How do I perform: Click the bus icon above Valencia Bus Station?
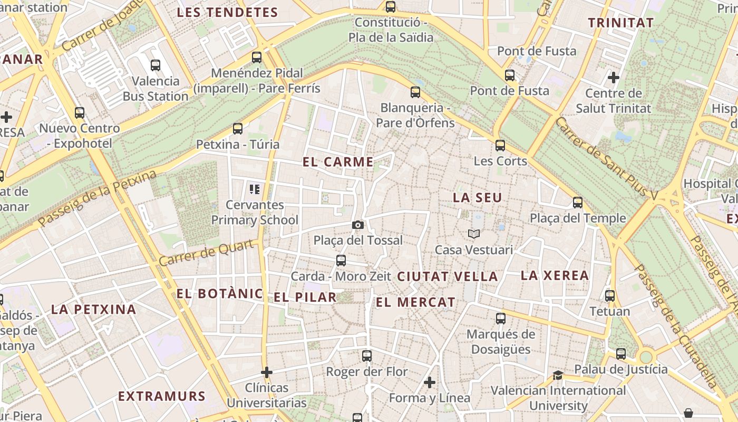click(156, 65)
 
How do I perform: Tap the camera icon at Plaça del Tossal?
click(358, 225)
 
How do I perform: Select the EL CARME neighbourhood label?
click(338, 162)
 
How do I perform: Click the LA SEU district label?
click(478, 198)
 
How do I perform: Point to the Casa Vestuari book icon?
click(474, 234)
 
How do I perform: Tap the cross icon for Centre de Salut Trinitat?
click(613, 78)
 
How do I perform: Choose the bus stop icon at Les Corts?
click(500, 145)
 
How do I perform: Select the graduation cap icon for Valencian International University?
click(558, 375)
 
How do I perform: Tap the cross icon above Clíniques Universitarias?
click(267, 372)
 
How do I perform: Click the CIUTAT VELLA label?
click(447, 276)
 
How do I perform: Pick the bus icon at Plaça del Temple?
click(578, 203)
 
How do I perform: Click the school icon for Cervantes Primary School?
click(255, 189)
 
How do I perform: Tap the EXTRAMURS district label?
click(161, 396)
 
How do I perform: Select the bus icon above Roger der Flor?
click(367, 356)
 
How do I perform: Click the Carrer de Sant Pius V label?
click(607, 159)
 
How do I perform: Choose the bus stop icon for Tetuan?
click(610, 296)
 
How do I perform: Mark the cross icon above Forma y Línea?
click(430, 382)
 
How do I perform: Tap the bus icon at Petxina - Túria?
click(238, 129)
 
